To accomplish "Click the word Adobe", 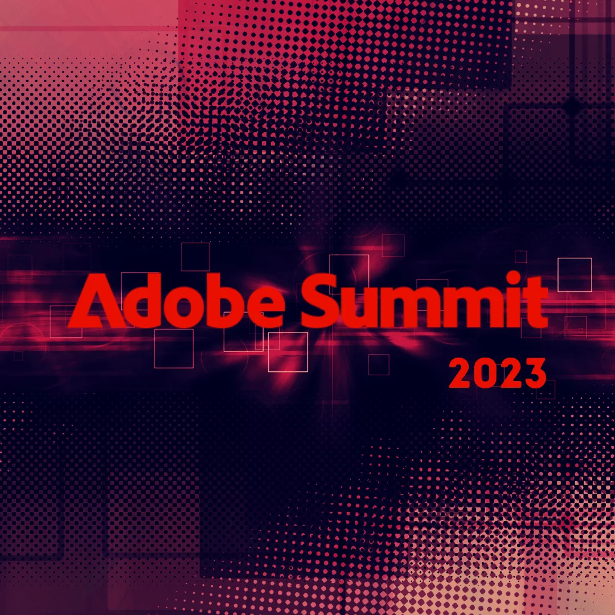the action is point(175,300).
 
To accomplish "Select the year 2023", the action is point(497,373).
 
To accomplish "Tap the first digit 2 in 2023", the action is point(460,373).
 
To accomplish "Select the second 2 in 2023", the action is point(509,373).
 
